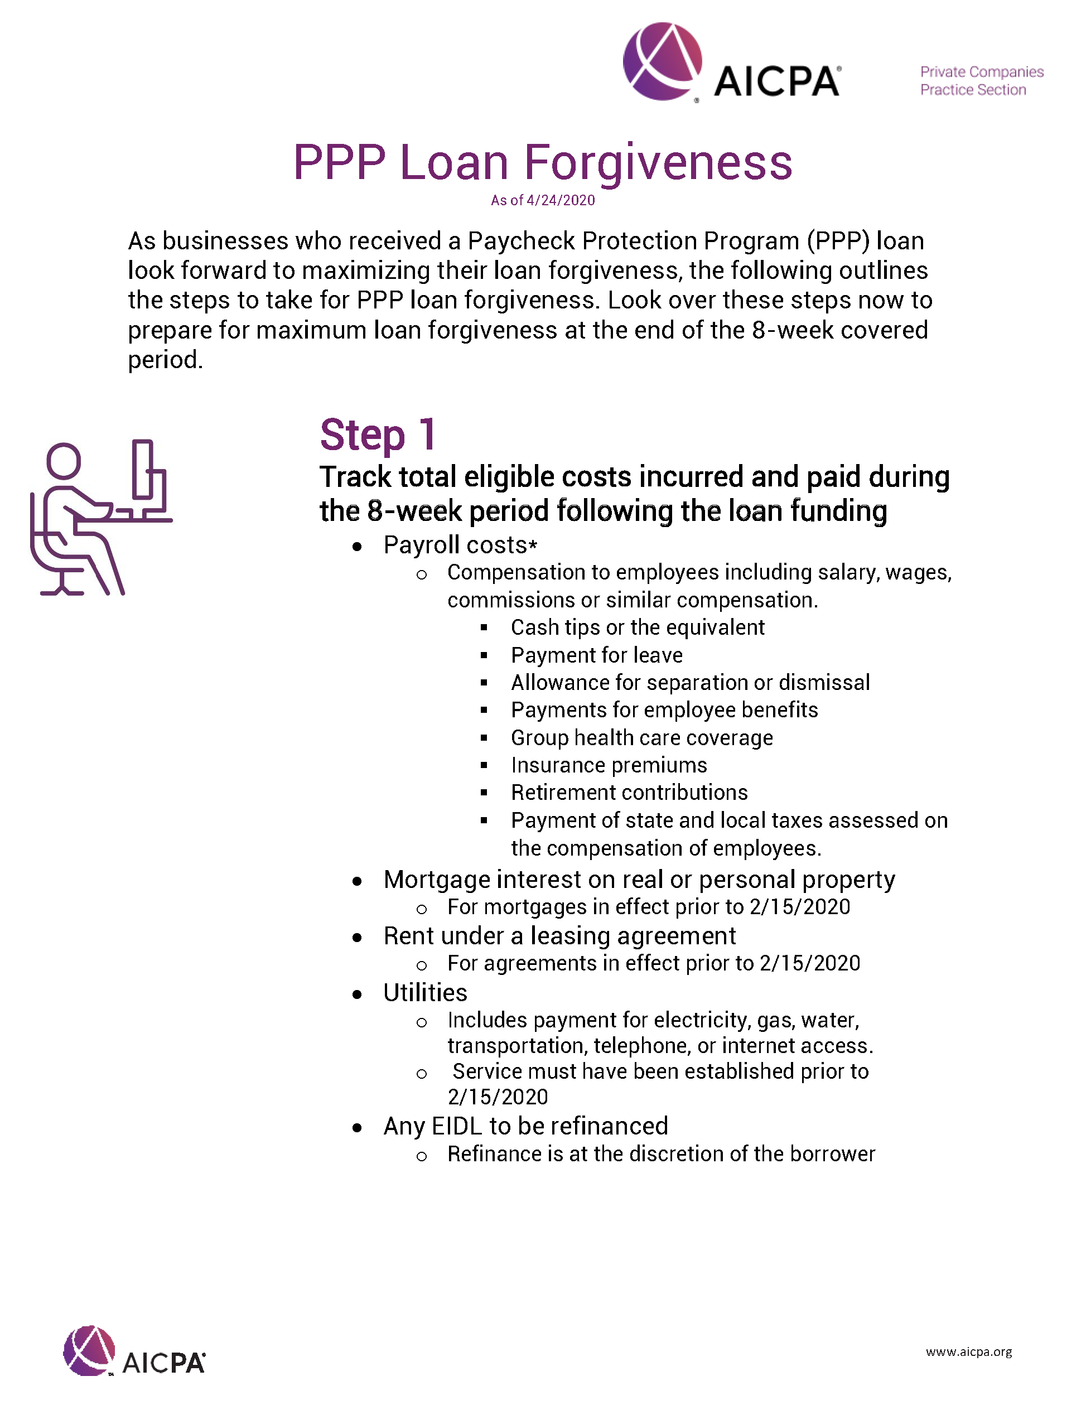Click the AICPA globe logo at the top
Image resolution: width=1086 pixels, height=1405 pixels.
[662, 62]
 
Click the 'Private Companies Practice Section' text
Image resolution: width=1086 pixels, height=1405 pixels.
[981, 81]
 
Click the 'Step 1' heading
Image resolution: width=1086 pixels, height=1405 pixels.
[378, 436]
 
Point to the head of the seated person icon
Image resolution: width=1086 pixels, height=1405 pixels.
[64, 460]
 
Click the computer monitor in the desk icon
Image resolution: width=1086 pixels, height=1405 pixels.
[143, 470]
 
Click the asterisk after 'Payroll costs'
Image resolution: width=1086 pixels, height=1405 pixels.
[533, 547]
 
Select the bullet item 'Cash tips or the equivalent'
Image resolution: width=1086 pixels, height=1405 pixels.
[637, 627]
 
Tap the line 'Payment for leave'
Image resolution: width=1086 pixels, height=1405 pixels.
[596, 655]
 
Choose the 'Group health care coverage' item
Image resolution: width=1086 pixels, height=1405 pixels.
[641, 738]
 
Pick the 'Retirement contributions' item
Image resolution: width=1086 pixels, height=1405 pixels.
[629, 793]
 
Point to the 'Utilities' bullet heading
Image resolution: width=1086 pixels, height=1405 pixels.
[425, 993]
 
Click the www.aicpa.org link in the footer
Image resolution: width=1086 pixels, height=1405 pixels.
[968, 1351]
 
